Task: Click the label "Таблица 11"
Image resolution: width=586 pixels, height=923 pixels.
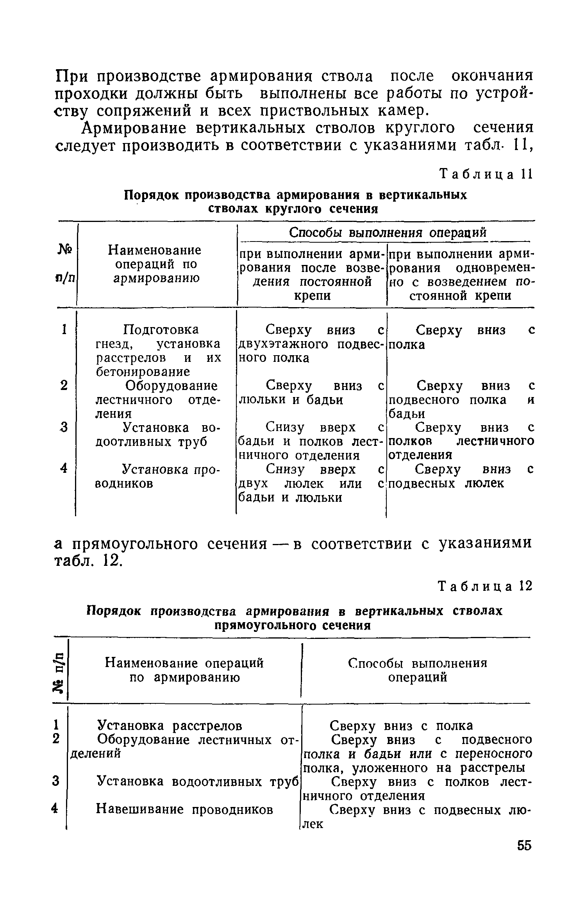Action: pos(486,175)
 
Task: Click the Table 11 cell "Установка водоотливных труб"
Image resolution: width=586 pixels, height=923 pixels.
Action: pos(158,435)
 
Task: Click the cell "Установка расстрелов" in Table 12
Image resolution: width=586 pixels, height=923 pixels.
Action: pos(170,726)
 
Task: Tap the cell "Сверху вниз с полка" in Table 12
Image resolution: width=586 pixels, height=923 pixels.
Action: pos(401,726)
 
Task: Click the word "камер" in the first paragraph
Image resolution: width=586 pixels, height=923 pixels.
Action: pos(401,111)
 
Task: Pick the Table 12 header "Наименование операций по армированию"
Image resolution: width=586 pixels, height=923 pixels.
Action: pos(184,671)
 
